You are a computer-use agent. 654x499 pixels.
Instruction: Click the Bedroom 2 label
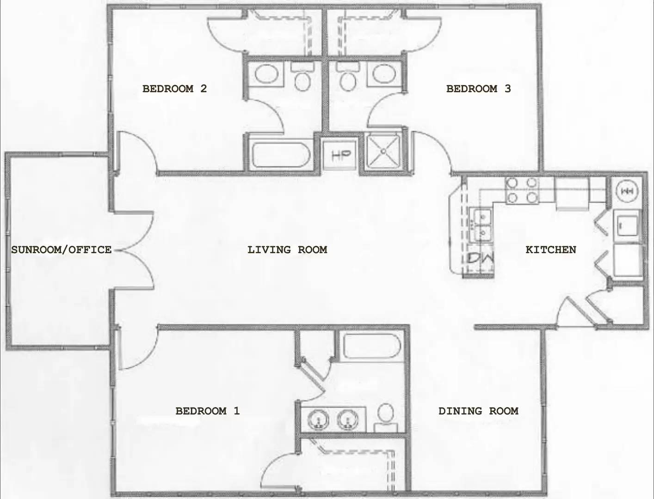pyautogui.click(x=174, y=88)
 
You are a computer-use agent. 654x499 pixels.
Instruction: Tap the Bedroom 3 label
pyautogui.click(x=478, y=88)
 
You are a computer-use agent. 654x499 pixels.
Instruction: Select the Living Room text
pyautogui.click(x=287, y=250)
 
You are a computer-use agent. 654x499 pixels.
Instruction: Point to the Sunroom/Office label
pyautogui.click(x=62, y=250)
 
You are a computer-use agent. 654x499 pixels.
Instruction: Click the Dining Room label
pyautogui.click(x=478, y=411)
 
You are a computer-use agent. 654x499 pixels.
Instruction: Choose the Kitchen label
pyautogui.click(x=551, y=250)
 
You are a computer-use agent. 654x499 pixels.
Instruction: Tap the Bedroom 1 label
pyautogui.click(x=208, y=411)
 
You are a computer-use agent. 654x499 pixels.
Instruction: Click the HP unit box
pyautogui.click(x=341, y=155)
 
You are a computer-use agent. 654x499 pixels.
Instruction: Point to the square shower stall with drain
pyautogui.click(x=383, y=151)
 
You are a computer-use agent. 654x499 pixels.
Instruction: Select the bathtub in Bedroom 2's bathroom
pyautogui.click(x=279, y=155)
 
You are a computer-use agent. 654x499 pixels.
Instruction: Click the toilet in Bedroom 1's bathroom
pyautogui.click(x=385, y=415)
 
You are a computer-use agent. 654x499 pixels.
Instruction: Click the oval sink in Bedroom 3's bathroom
pyautogui.click(x=383, y=73)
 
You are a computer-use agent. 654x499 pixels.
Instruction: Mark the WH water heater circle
pyautogui.click(x=628, y=190)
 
